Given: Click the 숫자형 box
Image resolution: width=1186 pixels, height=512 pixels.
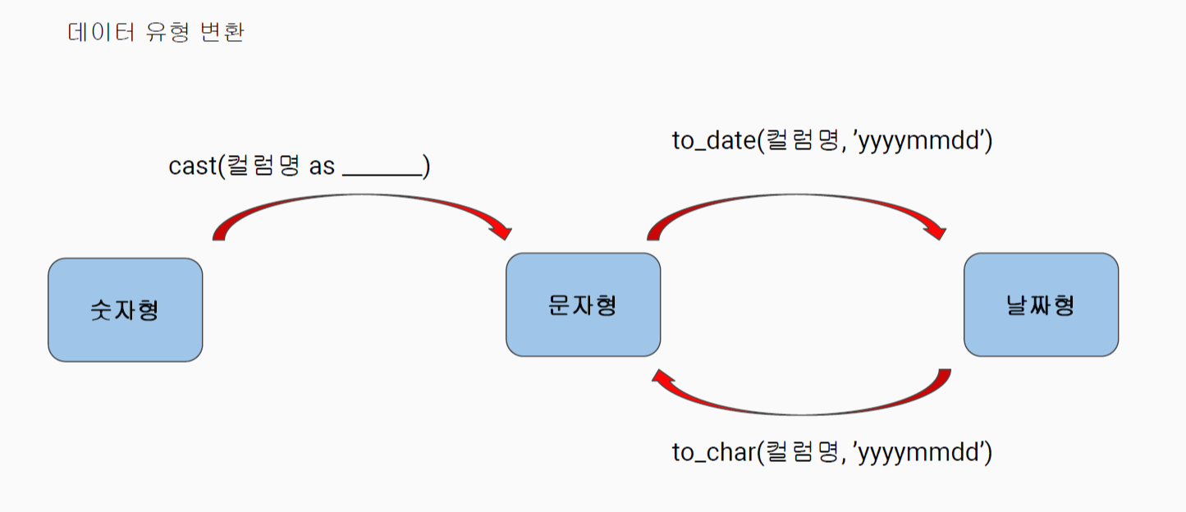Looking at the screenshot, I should click(x=125, y=310).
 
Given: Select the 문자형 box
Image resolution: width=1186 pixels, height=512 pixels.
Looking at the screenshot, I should click(x=583, y=304).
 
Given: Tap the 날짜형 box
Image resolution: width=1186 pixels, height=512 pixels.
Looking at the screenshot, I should click(x=1041, y=304).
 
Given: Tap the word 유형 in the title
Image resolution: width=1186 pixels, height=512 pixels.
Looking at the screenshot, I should click(x=167, y=33).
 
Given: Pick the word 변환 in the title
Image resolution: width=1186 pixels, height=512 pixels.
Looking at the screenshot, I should click(x=222, y=33).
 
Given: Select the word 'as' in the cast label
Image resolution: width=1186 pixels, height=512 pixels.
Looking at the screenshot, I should click(x=322, y=167).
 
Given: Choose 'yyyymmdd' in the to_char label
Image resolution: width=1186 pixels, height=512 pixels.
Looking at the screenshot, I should click(x=919, y=454).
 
